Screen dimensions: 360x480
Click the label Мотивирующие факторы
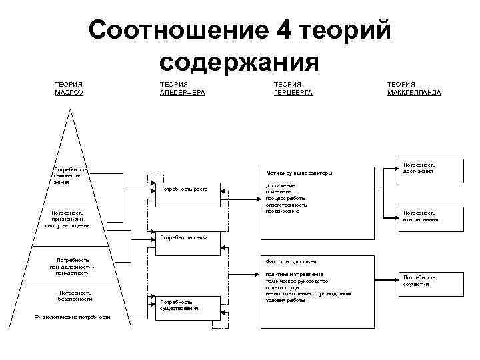(x=299, y=173)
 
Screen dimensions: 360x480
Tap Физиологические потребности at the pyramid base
(x=73, y=317)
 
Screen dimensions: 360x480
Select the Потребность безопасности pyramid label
(x=75, y=295)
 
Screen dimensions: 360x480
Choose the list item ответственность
(x=286, y=205)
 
